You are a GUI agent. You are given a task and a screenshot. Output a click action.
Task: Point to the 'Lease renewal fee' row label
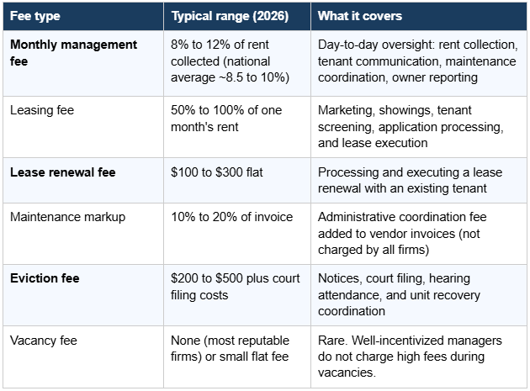[x=62, y=172]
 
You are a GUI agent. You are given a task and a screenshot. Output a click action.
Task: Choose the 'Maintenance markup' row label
[x=67, y=217]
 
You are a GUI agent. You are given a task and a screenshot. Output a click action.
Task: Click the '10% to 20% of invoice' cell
[x=232, y=217]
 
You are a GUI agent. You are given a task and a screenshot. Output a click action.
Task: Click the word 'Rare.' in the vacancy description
[x=334, y=341]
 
